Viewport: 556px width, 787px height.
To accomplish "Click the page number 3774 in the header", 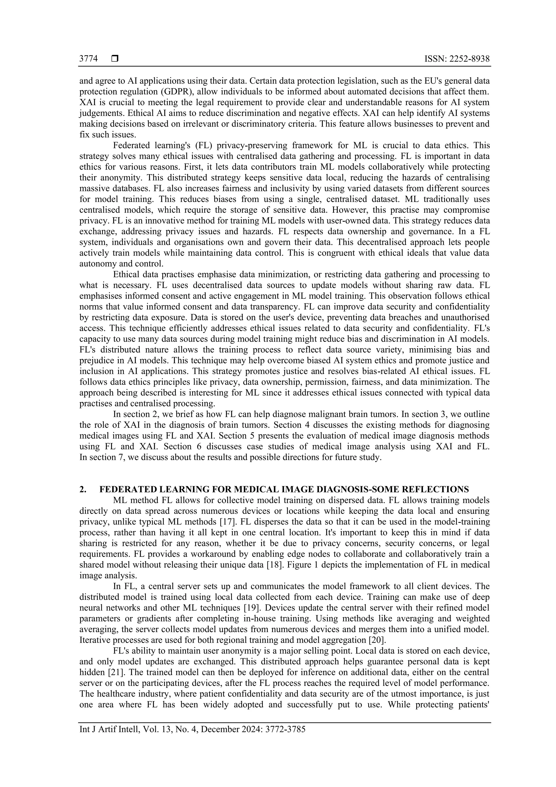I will (88, 59).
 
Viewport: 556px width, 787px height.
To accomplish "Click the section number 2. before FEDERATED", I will (83, 489).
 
